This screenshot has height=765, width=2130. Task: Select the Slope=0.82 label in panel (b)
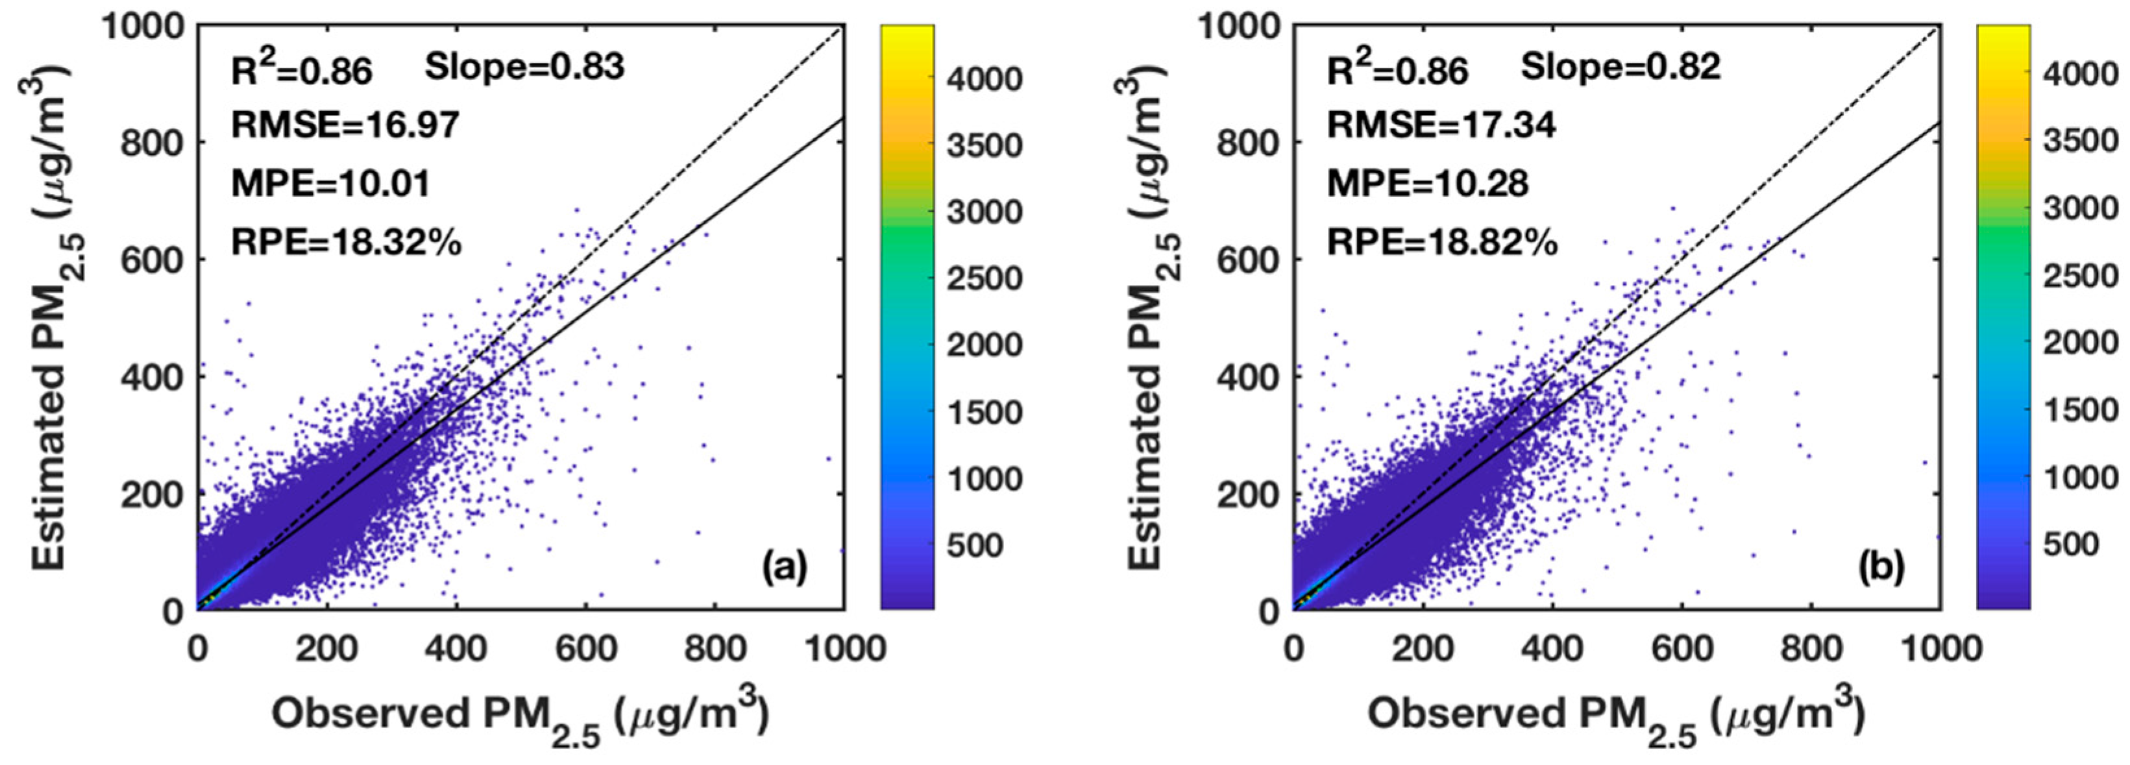click(1621, 67)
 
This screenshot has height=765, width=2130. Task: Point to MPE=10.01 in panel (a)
click(331, 184)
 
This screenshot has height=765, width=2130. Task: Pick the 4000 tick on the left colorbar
click(984, 79)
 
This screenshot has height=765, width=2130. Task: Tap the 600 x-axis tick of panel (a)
click(585, 648)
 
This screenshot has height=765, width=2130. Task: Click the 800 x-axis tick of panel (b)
click(1811, 648)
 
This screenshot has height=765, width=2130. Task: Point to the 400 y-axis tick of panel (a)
click(152, 377)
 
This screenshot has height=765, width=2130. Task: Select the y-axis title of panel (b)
click(1152, 319)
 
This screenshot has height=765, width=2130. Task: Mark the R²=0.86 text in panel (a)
click(301, 70)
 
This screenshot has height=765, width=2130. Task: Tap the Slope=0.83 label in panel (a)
click(524, 67)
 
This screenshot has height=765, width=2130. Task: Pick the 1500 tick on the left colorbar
click(984, 412)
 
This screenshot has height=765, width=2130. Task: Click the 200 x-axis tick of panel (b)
click(1422, 648)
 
